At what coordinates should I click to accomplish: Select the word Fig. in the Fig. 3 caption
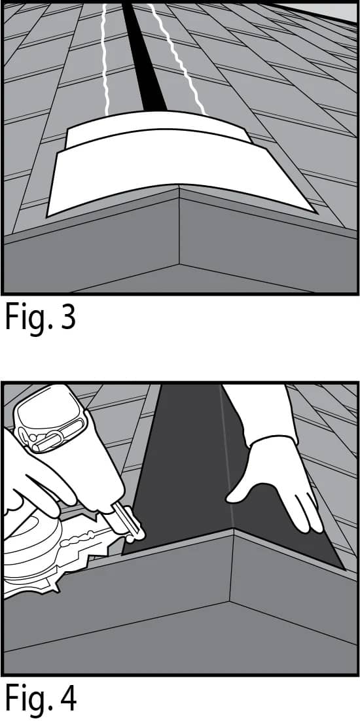[27, 318]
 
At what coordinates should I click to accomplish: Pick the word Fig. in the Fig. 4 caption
[27, 699]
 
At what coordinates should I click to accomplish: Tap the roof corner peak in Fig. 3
[179, 190]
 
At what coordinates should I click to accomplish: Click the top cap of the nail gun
[46, 412]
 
